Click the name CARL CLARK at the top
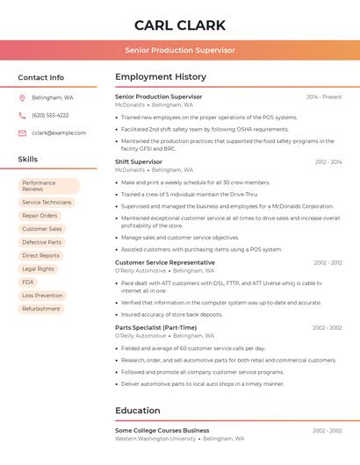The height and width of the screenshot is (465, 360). tap(180, 25)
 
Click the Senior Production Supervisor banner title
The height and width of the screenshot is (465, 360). tap(180, 50)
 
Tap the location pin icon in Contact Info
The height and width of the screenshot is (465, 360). tap(22, 97)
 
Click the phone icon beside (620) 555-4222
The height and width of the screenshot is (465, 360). tap(22, 115)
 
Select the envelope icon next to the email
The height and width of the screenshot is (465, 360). tap(22, 132)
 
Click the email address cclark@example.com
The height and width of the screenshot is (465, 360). tap(59, 132)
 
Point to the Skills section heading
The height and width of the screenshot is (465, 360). tap(28, 159)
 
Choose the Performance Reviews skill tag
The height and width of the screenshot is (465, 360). tap(48, 186)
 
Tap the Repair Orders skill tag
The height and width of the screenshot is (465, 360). tap(40, 215)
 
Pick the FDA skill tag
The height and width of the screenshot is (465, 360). tap(28, 282)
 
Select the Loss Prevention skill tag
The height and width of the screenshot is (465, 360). tap(42, 295)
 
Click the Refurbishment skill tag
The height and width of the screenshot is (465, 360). tap(41, 308)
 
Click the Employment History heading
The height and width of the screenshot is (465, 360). tap(161, 77)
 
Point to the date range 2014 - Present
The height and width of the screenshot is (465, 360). tap(324, 97)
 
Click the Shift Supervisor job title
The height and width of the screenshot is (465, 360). tap(139, 161)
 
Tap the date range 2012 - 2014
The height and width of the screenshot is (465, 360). tap(328, 162)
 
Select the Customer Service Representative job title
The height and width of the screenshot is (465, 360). tap(165, 262)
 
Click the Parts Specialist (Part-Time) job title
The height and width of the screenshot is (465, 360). tap(156, 327)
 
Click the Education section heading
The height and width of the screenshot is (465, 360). tap(138, 411)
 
